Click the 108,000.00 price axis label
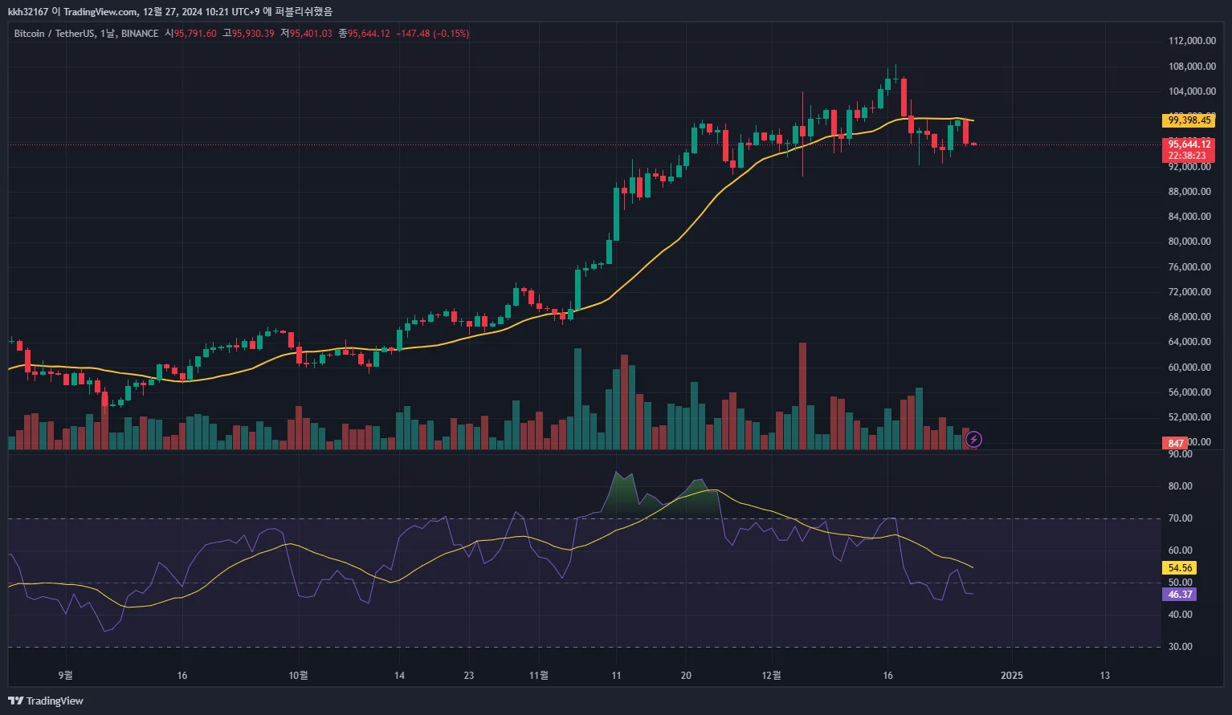click(x=1191, y=66)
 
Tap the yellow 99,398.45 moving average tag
click(x=1189, y=120)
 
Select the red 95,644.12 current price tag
click(x=1189, y=144)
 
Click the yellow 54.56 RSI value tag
click(x=1180, y=567)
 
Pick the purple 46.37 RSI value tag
click(x=1180, y=595)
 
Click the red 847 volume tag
click(x=1176, y=443)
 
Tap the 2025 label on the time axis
click(x=1012, y=675)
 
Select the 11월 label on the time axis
click(x=539, y=675)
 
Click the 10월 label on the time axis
click(x=298, y=675)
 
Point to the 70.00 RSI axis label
click(x=1181, y=518)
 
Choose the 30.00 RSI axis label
click(x=1181, y=647)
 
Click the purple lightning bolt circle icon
click(x=973, y=439)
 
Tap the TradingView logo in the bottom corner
click(x=46, y=701)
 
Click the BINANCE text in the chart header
click(x=140, y=34)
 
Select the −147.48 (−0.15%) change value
click(x=433, y=34)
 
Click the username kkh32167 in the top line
click(x=28, y=12)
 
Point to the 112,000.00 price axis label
click(x=1191, y=41)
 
